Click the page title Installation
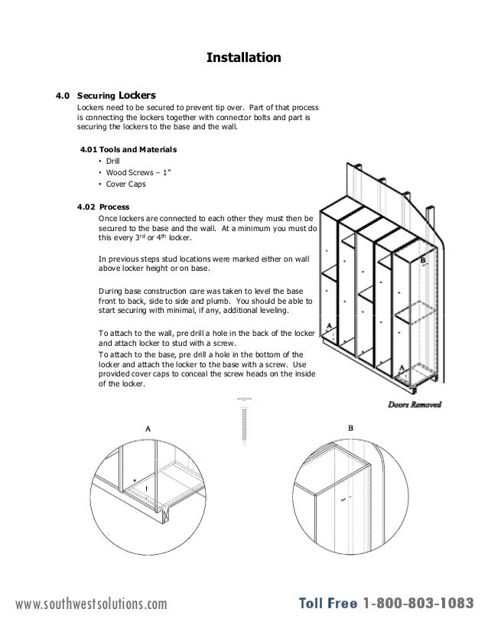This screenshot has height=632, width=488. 244,57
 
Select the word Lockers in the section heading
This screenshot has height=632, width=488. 137,96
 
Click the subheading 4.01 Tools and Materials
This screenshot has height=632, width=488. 129,148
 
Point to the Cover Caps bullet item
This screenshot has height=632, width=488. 125,184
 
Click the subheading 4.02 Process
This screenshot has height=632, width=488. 103,207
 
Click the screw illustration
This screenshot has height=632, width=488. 244,422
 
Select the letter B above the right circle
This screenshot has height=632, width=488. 350,428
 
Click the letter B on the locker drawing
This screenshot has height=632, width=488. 423,261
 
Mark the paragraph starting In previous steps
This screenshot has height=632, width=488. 201,263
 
